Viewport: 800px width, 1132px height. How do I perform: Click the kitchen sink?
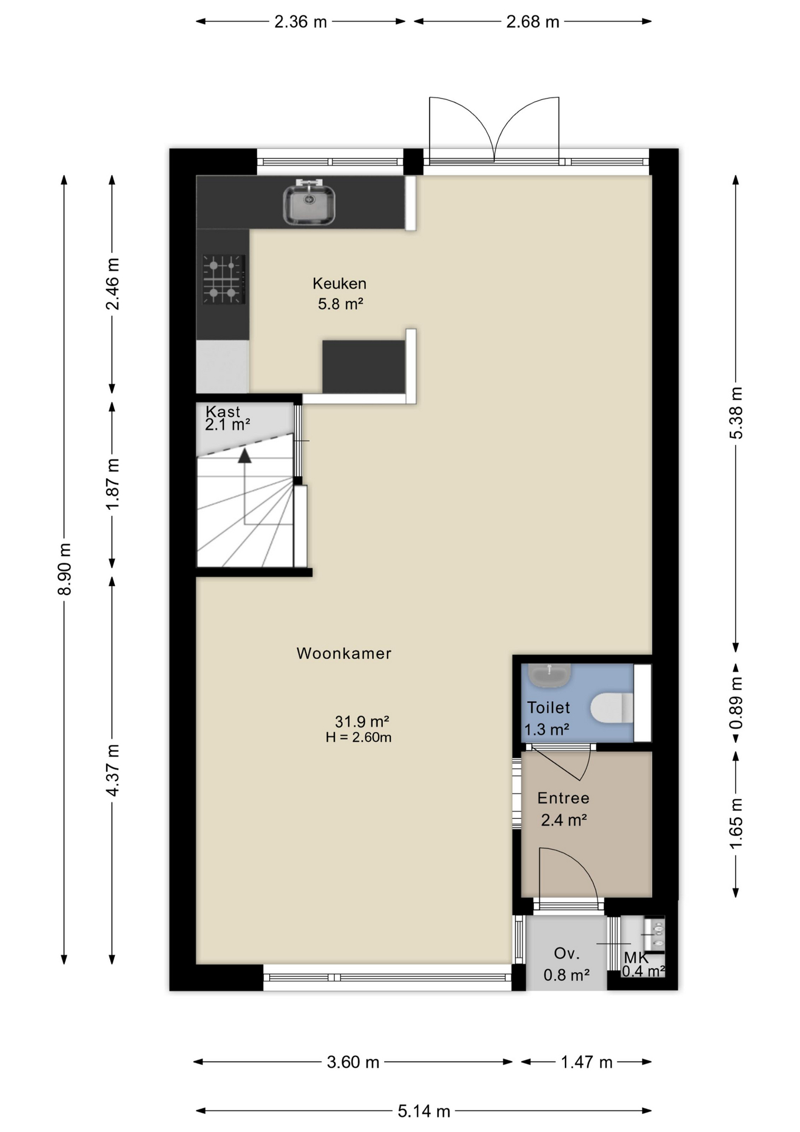click(309, 204)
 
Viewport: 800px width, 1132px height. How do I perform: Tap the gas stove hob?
click(223, 279)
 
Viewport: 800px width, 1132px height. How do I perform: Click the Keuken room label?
click(339, 284)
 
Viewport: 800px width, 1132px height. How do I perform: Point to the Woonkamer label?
click(344, 653)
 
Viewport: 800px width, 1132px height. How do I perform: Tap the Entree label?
click(563, 798)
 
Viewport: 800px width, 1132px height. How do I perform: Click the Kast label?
click(223, 412)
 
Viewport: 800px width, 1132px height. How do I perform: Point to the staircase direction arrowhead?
click(244, 455)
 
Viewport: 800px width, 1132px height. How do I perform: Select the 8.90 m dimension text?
click(64, 569)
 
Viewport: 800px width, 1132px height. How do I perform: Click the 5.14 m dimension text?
click(424, 1111)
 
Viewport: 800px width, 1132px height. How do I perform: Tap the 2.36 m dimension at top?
click(300, 22)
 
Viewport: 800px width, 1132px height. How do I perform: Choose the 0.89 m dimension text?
click(736, 702)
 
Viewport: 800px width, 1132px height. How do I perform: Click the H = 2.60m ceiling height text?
click(359, 737)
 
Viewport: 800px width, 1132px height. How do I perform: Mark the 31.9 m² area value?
click(362, 721)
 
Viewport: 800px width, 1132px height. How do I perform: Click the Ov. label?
click(567, 953)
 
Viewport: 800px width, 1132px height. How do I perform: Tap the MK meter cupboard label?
click(636, 958)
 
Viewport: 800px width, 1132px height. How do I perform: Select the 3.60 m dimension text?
click(353, 1062)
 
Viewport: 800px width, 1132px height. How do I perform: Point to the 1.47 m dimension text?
click(587, 1062)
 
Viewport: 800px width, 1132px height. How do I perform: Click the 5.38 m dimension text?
click(736, 413)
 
